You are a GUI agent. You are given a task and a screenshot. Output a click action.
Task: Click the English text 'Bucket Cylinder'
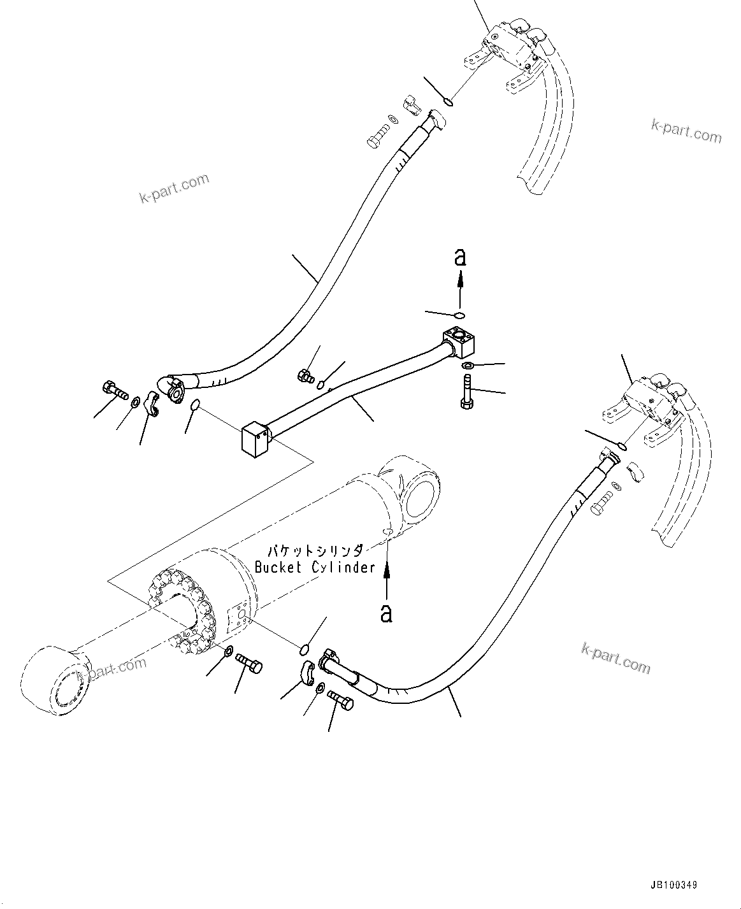pos(315,567)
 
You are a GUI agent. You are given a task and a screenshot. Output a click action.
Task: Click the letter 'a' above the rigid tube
pos(459,257)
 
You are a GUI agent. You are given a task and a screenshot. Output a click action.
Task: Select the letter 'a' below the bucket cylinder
pos(386,613)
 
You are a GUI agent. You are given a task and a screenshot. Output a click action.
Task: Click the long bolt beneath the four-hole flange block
pos(466,390)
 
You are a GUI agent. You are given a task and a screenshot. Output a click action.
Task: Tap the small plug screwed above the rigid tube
pos(305,376)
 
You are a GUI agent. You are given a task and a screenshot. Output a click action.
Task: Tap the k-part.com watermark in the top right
pos(686,131)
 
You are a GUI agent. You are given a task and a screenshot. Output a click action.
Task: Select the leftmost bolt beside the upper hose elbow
pos(113,390)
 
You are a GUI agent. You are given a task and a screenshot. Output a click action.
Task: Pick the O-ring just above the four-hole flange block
pos(459,315)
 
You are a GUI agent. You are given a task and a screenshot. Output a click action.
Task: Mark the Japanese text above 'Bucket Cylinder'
pos(315,550)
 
